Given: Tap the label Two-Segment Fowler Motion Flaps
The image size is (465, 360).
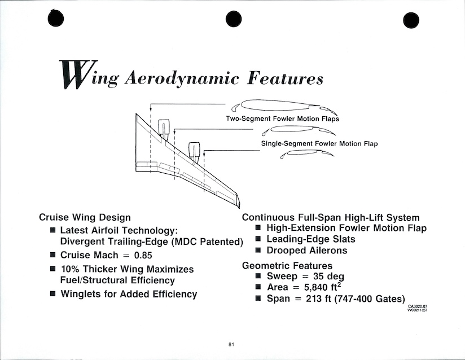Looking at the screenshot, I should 282,119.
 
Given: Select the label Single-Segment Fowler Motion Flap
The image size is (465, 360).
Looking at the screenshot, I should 319,144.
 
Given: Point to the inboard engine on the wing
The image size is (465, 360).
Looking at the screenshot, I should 164,129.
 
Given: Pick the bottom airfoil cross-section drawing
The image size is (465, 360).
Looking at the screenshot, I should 304,153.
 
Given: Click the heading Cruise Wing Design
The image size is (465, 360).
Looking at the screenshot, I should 85,217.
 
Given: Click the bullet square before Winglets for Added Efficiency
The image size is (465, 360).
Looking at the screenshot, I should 52,294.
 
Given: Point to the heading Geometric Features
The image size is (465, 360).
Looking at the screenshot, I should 287,266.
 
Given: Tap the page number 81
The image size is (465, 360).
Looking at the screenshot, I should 232,344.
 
